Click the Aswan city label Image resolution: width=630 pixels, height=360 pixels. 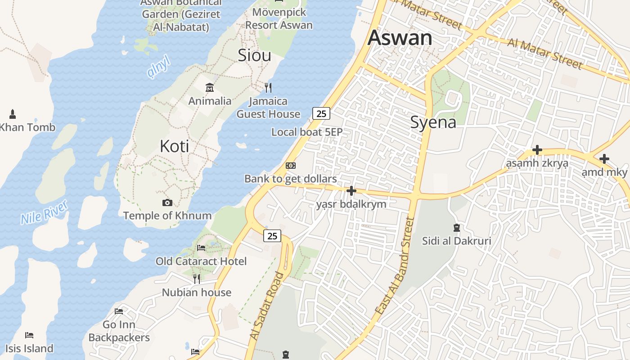tap(400, 38)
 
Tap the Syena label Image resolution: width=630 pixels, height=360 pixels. tap(433, 122)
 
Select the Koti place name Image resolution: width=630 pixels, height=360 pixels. tap(174, 146)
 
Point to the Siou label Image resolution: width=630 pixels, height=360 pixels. tap(254, 55)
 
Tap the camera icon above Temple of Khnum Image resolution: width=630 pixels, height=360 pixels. tap(167, 203)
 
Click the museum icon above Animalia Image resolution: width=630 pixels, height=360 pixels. tap(210, 87)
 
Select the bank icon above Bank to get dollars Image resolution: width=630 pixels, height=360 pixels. tap(291, 166)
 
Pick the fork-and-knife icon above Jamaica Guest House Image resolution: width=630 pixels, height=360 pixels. tap(268, 87)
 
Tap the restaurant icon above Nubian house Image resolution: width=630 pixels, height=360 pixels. tap(197, 279)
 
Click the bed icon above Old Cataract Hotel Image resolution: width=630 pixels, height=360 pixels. tap(201, 248)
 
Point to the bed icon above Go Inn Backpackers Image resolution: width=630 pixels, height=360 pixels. tap(119, 311)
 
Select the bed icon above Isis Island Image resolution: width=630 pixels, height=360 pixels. tap(29, 335)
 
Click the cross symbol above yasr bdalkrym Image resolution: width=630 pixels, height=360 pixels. tap(351, 191)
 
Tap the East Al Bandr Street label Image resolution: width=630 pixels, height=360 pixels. tap(395, 265)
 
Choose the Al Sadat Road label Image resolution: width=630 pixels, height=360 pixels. tap(267, 306)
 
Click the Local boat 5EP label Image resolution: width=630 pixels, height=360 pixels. tap(307, 132)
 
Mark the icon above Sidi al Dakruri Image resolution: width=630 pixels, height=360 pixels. tap(457, 228)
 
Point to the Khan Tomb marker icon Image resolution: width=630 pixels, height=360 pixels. tap(13, 114)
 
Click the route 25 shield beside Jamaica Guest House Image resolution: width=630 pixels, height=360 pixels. tap(321, 113)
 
